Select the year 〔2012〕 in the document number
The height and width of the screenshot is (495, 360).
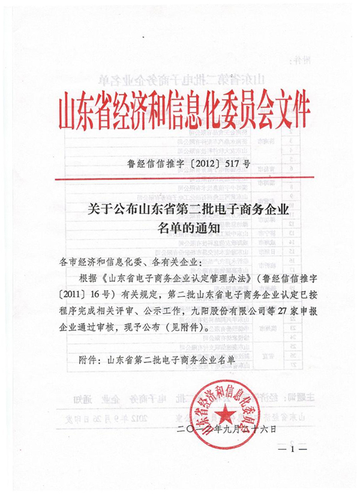pos(198,163)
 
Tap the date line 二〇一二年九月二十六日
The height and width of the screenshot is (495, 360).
pos(229,429)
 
